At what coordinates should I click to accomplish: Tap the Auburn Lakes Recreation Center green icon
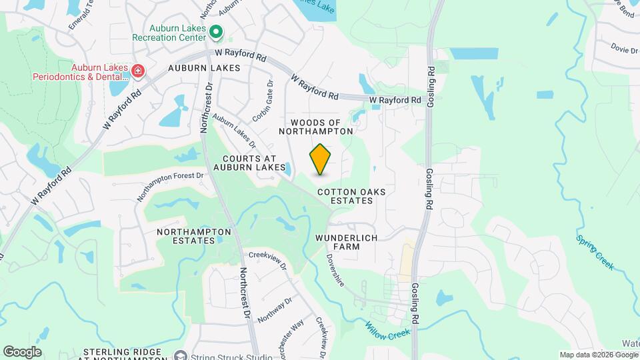coord(216,32)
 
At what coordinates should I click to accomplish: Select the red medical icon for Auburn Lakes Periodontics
coord(138,71)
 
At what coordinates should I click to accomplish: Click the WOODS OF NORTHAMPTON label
coord(320,127)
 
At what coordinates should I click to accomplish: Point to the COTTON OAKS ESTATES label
coord(351,196)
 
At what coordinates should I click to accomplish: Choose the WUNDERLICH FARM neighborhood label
coord(347,242)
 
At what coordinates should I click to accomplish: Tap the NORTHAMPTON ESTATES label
coord(194,236)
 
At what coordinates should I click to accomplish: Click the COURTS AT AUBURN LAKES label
coord(254,163)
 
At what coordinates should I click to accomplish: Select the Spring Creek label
coord(595,251)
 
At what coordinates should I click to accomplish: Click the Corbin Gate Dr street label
coord(263,101)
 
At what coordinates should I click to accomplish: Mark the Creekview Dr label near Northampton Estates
coord(267,259)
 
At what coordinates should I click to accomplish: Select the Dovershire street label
coord(335,269)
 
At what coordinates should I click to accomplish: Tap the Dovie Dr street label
coord(625,49)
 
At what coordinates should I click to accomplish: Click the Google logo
coord(22,351)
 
